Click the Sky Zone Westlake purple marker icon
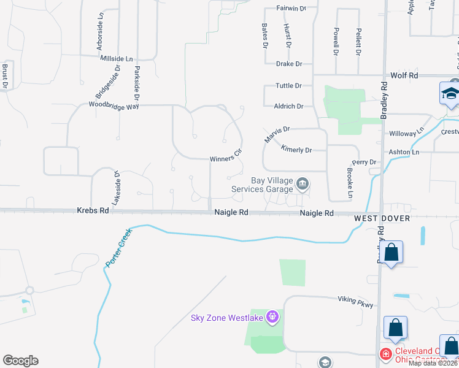coord(272,317)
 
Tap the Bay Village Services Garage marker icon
coord(302,183)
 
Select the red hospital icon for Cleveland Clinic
coord(385,355)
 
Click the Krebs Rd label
coord(93,210)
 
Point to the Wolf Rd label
coord(404,75)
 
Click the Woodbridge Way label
coord(114,105)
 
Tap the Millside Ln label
coord(117,58)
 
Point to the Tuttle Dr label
coord(289,86)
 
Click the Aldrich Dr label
coord(288,106)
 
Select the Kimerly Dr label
coord(296,149)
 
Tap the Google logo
coord(20,361)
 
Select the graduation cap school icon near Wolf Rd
coord(450,94)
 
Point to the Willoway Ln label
coord(406,132)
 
